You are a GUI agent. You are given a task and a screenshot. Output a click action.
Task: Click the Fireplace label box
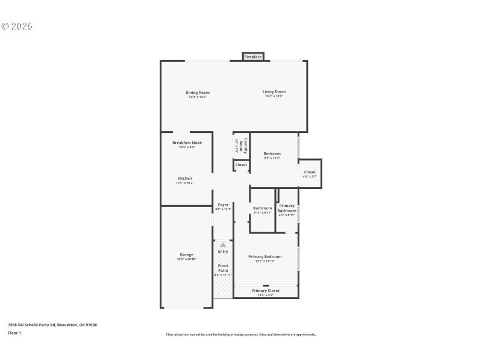click(253, 57)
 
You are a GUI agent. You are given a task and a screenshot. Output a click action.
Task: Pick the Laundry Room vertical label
click(241, 144)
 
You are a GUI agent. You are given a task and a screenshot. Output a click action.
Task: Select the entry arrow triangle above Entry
click(223, 245)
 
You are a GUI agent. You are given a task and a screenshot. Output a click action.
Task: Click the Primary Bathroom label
click(287, 208)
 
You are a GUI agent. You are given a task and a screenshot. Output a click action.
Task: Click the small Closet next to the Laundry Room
click(241, 165)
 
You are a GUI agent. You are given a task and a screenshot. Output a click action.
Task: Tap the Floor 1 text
click(14, 333)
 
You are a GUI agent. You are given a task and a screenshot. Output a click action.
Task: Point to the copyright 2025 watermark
click(17, 26)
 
